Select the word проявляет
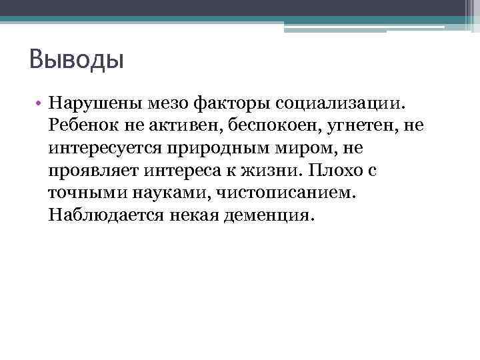click(92, 171)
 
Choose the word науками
click(167, 193)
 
